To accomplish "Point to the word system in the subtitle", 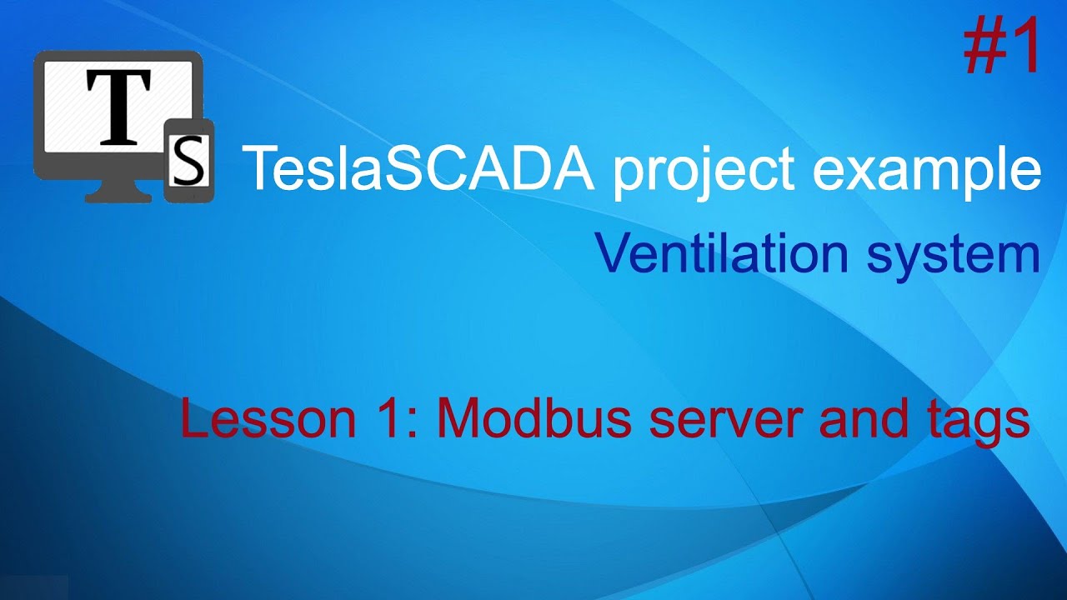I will pos(953,255).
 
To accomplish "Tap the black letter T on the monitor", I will pos(118,107).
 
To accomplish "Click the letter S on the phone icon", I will pos(188,161).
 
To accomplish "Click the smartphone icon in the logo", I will pos(189,161).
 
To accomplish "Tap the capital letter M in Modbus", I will pos(458,419).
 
